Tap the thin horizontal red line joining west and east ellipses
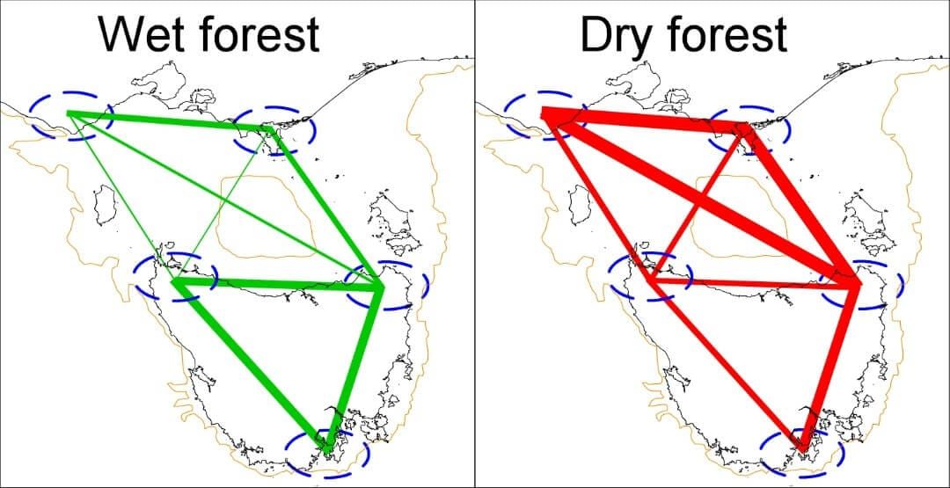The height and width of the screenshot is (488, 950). [748, 283]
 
